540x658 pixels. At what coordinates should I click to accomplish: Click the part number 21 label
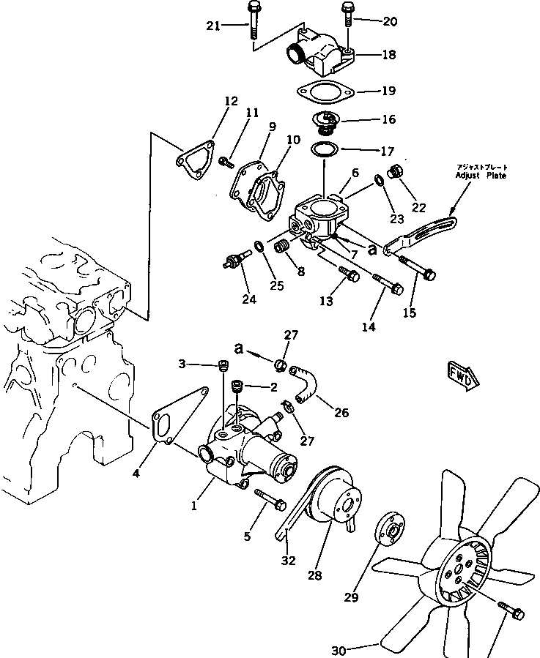pyautogui.click(x=213, y=26)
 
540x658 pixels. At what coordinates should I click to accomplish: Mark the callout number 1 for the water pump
pyautogui.click(x=195, y=505)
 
